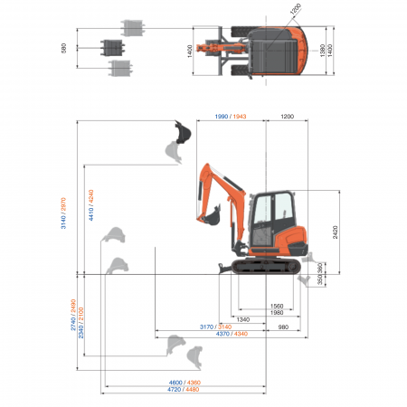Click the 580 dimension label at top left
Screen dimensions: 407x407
64,48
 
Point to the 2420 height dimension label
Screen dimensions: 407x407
336,230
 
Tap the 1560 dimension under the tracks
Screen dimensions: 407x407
278,307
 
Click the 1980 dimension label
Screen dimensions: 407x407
278,313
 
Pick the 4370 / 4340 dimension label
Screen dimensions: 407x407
230,334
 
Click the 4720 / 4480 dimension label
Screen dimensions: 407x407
185,390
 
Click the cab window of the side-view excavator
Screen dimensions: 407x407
267,213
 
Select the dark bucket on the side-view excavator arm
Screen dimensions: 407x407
214,218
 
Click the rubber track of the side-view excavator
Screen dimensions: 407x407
266,265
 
